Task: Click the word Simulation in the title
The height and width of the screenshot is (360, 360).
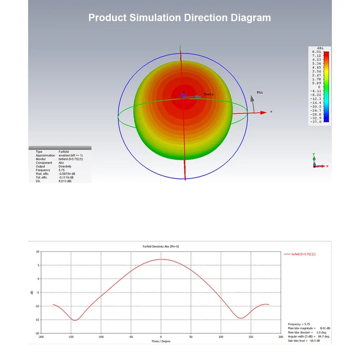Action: coord(155,18)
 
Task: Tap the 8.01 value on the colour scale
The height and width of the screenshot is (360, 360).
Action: coord(317,52)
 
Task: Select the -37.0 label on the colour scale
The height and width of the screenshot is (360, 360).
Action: coord(316,122)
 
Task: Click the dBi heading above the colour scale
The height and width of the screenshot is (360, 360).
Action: coord(320,48)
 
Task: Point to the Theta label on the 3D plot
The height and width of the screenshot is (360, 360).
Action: coord(209,94)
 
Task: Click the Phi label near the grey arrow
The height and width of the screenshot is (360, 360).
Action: coord(260,93)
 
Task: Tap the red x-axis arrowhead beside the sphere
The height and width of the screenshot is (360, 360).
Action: coord(263,113)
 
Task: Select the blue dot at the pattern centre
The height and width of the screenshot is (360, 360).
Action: coord(183,95)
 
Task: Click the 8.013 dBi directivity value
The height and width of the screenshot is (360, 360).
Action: coord(65,181)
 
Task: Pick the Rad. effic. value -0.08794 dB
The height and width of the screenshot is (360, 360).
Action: coord(67,174)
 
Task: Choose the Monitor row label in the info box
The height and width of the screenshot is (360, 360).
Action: coord(41,159)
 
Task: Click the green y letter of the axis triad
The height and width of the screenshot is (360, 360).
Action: coord(314,154)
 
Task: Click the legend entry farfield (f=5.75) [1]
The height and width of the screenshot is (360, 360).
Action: coord(303,254)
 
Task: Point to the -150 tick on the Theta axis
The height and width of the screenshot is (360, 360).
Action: coord(71,337)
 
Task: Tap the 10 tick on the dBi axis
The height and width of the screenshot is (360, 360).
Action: coord(38,252)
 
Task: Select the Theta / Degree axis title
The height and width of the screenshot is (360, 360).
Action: coord(161,341)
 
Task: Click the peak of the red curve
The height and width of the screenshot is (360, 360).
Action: coord(161,259)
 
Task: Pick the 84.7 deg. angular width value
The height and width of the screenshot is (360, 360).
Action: coord(324,336)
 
